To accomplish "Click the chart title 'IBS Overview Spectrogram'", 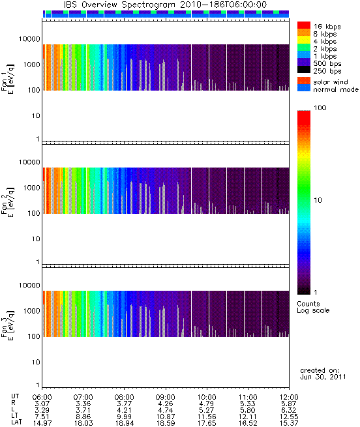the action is [119, 5].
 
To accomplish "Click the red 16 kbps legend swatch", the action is [304, 25].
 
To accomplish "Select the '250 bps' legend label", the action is [327, 71].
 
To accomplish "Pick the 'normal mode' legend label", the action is [336, 89].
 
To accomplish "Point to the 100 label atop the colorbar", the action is [320, 108].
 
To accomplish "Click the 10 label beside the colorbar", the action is [318, 200].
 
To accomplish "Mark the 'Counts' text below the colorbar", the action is [308, 304].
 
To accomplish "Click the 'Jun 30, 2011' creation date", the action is [323, 377].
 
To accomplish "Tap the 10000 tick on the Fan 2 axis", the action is [29, 162].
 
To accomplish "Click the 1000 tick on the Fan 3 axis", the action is [31, 311].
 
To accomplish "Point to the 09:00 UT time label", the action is [166, 397].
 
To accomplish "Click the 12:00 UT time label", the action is [289, 397].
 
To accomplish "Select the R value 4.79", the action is [207, 404].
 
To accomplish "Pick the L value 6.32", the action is [289, 410].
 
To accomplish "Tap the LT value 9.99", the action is [124, 417].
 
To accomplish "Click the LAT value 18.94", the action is [124, 423].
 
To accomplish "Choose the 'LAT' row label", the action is [16, 422].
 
